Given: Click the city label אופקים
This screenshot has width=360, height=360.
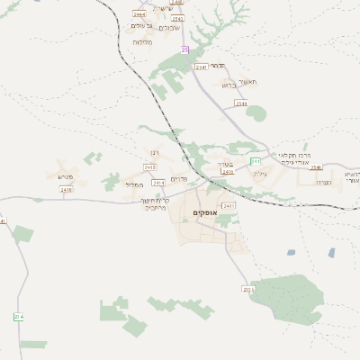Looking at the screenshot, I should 204,212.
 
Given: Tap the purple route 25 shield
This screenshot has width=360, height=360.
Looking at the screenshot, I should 184,49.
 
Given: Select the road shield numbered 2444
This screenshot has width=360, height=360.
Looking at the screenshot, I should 139,14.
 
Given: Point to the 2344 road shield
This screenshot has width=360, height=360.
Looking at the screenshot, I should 241,103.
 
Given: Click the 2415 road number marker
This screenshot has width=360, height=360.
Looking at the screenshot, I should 149,166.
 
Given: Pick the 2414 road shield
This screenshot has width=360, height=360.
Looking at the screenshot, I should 158,183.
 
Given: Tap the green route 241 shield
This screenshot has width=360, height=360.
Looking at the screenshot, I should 256,161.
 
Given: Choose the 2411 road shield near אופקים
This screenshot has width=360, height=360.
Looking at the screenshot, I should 229,206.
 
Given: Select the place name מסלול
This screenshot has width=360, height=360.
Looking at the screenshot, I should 135,184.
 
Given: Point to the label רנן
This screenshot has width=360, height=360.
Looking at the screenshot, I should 155,152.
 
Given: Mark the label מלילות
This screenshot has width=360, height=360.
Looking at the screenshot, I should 141,42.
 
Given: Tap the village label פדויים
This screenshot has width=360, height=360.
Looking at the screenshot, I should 179,178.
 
